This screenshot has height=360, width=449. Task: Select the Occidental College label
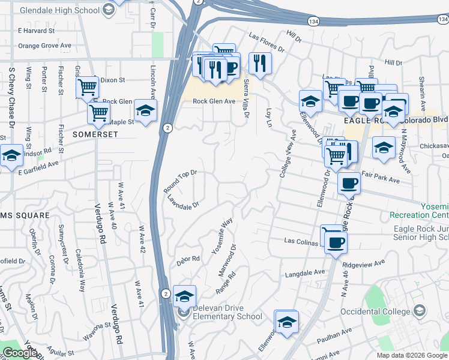(376, 311)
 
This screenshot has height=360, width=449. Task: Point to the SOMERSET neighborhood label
(95, 134)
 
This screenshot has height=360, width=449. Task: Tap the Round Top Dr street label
(180, 181)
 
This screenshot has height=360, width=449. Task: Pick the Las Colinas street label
(303, 241)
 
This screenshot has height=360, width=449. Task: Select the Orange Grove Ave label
(44, 45)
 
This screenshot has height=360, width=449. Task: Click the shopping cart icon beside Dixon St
(88, 88)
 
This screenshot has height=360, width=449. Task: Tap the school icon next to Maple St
(145, 111)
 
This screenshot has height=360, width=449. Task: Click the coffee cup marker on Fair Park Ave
(348, 184)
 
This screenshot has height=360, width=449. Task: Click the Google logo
(20, 353)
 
